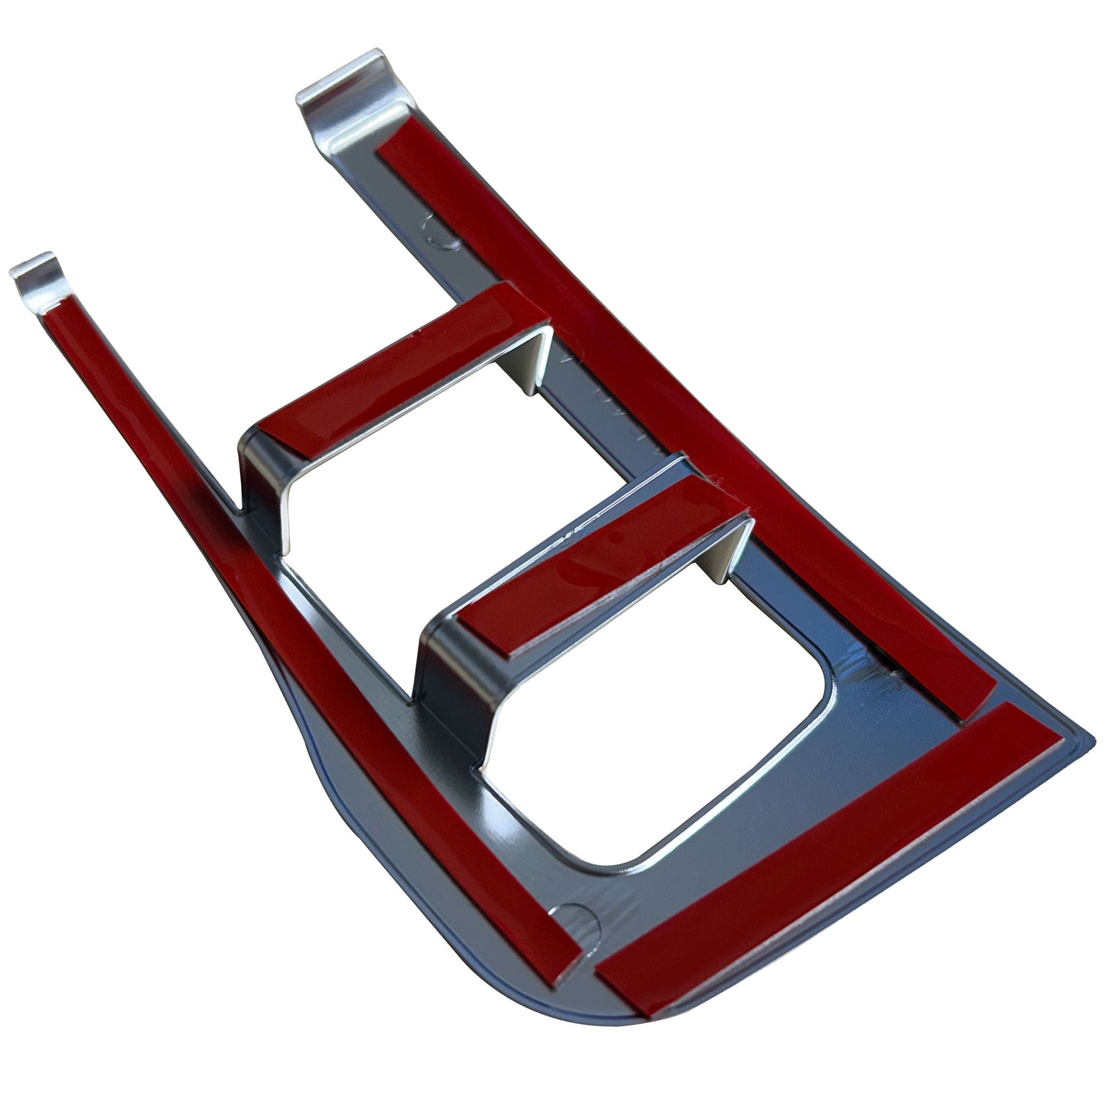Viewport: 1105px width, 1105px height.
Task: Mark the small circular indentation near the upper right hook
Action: pyautogui.click(x=443, y=229)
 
